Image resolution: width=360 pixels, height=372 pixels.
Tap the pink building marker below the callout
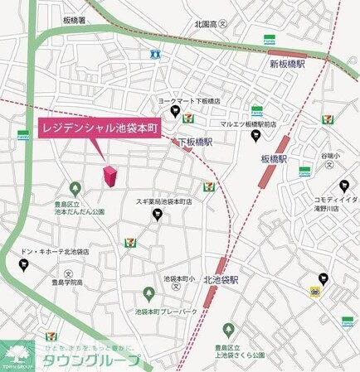pos(109,176)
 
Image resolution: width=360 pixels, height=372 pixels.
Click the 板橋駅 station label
pos(273,157)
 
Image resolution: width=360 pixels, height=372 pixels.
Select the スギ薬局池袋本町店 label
pos(158,201)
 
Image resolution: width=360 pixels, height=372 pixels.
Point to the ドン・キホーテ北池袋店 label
pos(54,250)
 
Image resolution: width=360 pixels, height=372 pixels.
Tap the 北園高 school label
pos(205,24)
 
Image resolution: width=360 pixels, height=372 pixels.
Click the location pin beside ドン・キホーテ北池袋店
pos(22,264)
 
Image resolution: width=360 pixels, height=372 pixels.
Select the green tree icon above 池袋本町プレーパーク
pos(148,293)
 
